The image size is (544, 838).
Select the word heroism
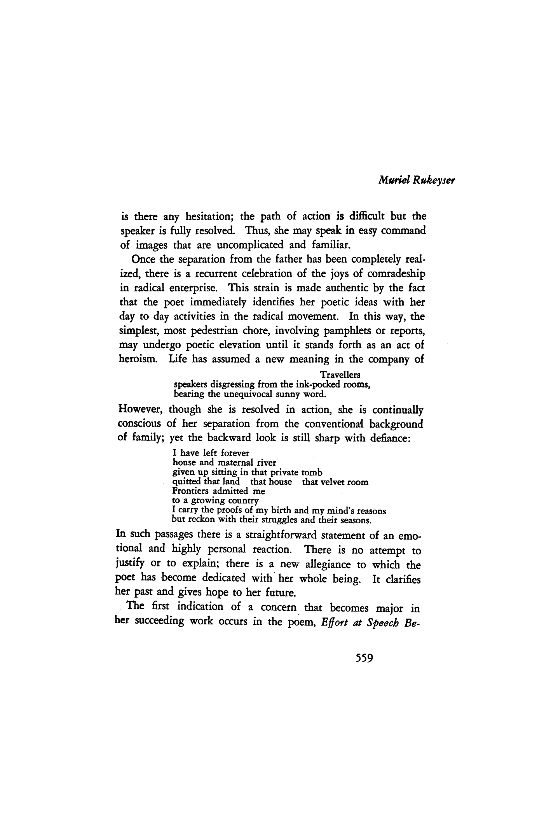point(138,359)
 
